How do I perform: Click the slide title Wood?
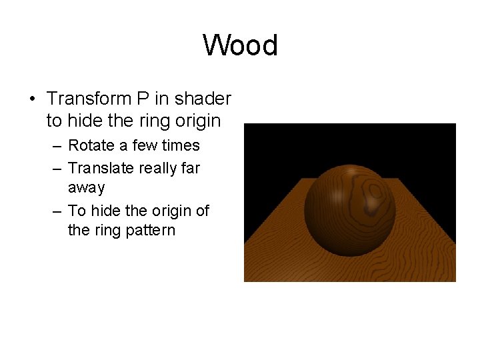pos(240,46)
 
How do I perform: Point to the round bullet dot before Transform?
pos(32,100)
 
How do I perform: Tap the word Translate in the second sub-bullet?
pos(100,168)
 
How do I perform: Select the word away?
pos(87,188)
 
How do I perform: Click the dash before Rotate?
pos(56,146)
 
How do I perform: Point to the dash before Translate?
pos(56,169)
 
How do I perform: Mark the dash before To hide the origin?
pos(56,211)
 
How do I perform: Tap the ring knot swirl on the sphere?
pos(375,191)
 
